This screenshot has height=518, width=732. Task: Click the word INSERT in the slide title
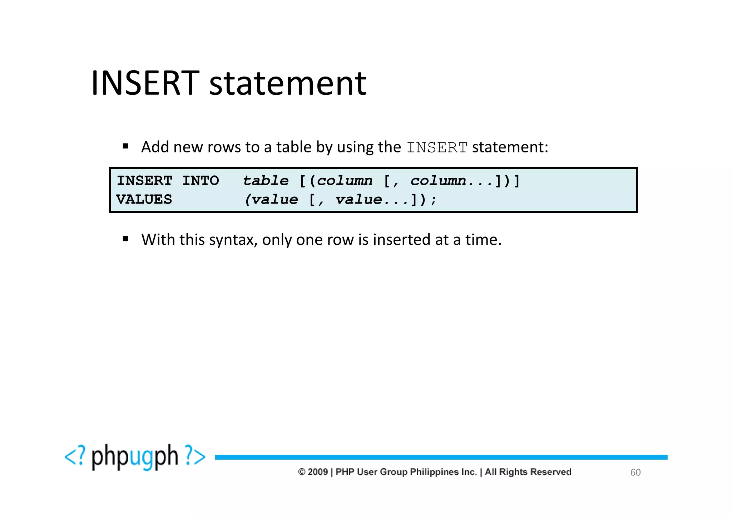[145, 83]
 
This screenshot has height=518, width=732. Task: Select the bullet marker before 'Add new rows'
[125, 146]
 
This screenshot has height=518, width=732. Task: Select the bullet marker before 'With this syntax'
[125, 239]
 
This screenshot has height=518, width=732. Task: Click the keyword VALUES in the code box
[144, 199]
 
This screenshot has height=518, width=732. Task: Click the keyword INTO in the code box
[201, 181]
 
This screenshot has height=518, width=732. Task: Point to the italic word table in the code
[266, 181]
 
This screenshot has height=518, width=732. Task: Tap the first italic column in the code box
[345, 181]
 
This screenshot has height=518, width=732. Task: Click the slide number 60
[635, 473]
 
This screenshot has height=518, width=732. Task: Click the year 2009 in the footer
[318, 472]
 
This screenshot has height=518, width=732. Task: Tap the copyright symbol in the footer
[302, 472]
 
